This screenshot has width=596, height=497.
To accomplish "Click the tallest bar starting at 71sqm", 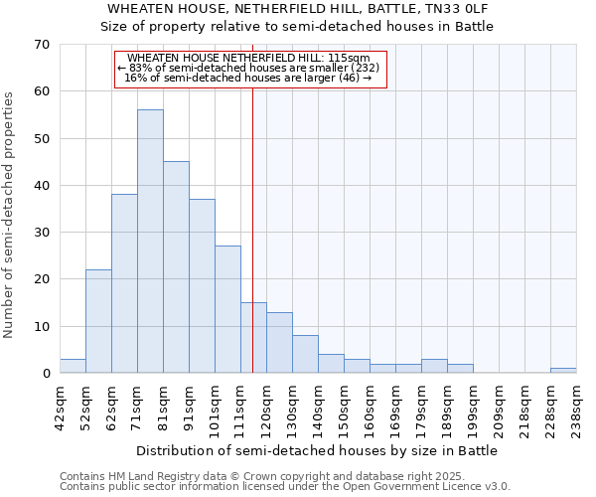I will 150,242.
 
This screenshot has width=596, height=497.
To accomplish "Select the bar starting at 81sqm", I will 176,267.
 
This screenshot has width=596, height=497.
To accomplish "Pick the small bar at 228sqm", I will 563,371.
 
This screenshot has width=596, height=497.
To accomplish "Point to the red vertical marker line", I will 253,229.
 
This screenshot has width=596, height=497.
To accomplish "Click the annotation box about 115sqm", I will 248,70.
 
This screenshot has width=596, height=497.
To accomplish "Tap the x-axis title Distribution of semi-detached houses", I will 316,450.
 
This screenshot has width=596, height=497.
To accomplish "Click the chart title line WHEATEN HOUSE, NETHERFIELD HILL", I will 298,9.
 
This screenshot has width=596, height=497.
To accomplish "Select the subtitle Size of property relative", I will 298,26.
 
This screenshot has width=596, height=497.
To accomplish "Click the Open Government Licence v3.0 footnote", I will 285,487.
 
